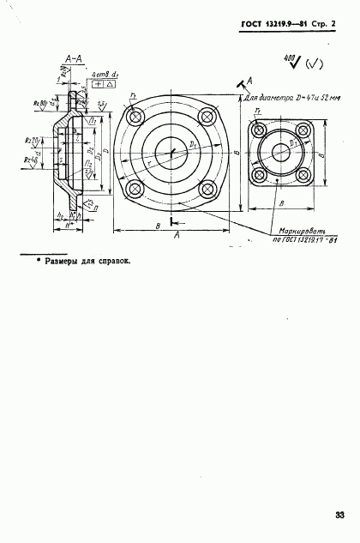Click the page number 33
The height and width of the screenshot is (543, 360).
click(339, 515)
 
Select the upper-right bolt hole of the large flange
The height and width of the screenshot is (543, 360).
click(205, 117)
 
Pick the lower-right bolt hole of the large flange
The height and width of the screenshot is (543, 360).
click(205, 190)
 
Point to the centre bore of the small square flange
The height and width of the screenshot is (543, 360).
click(280, 154)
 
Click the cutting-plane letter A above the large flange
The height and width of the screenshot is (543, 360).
click(249, 79)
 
